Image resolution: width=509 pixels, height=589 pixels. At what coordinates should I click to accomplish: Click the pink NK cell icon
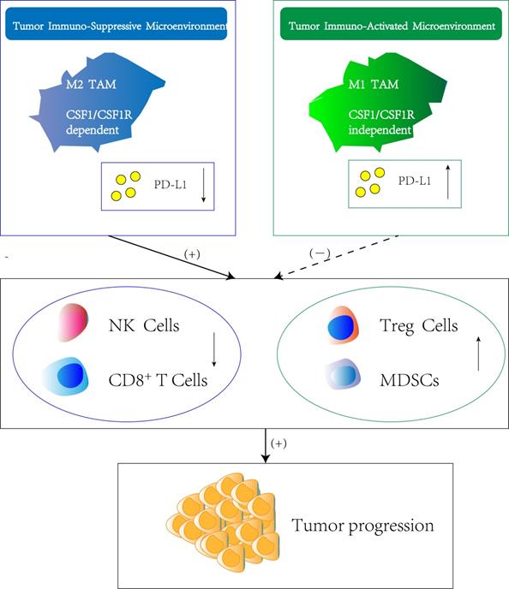pos(71,326)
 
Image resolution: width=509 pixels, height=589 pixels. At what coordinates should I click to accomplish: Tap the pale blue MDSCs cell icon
pos(341,375)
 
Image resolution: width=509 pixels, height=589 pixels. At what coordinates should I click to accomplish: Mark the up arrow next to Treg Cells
pos(478,354)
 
